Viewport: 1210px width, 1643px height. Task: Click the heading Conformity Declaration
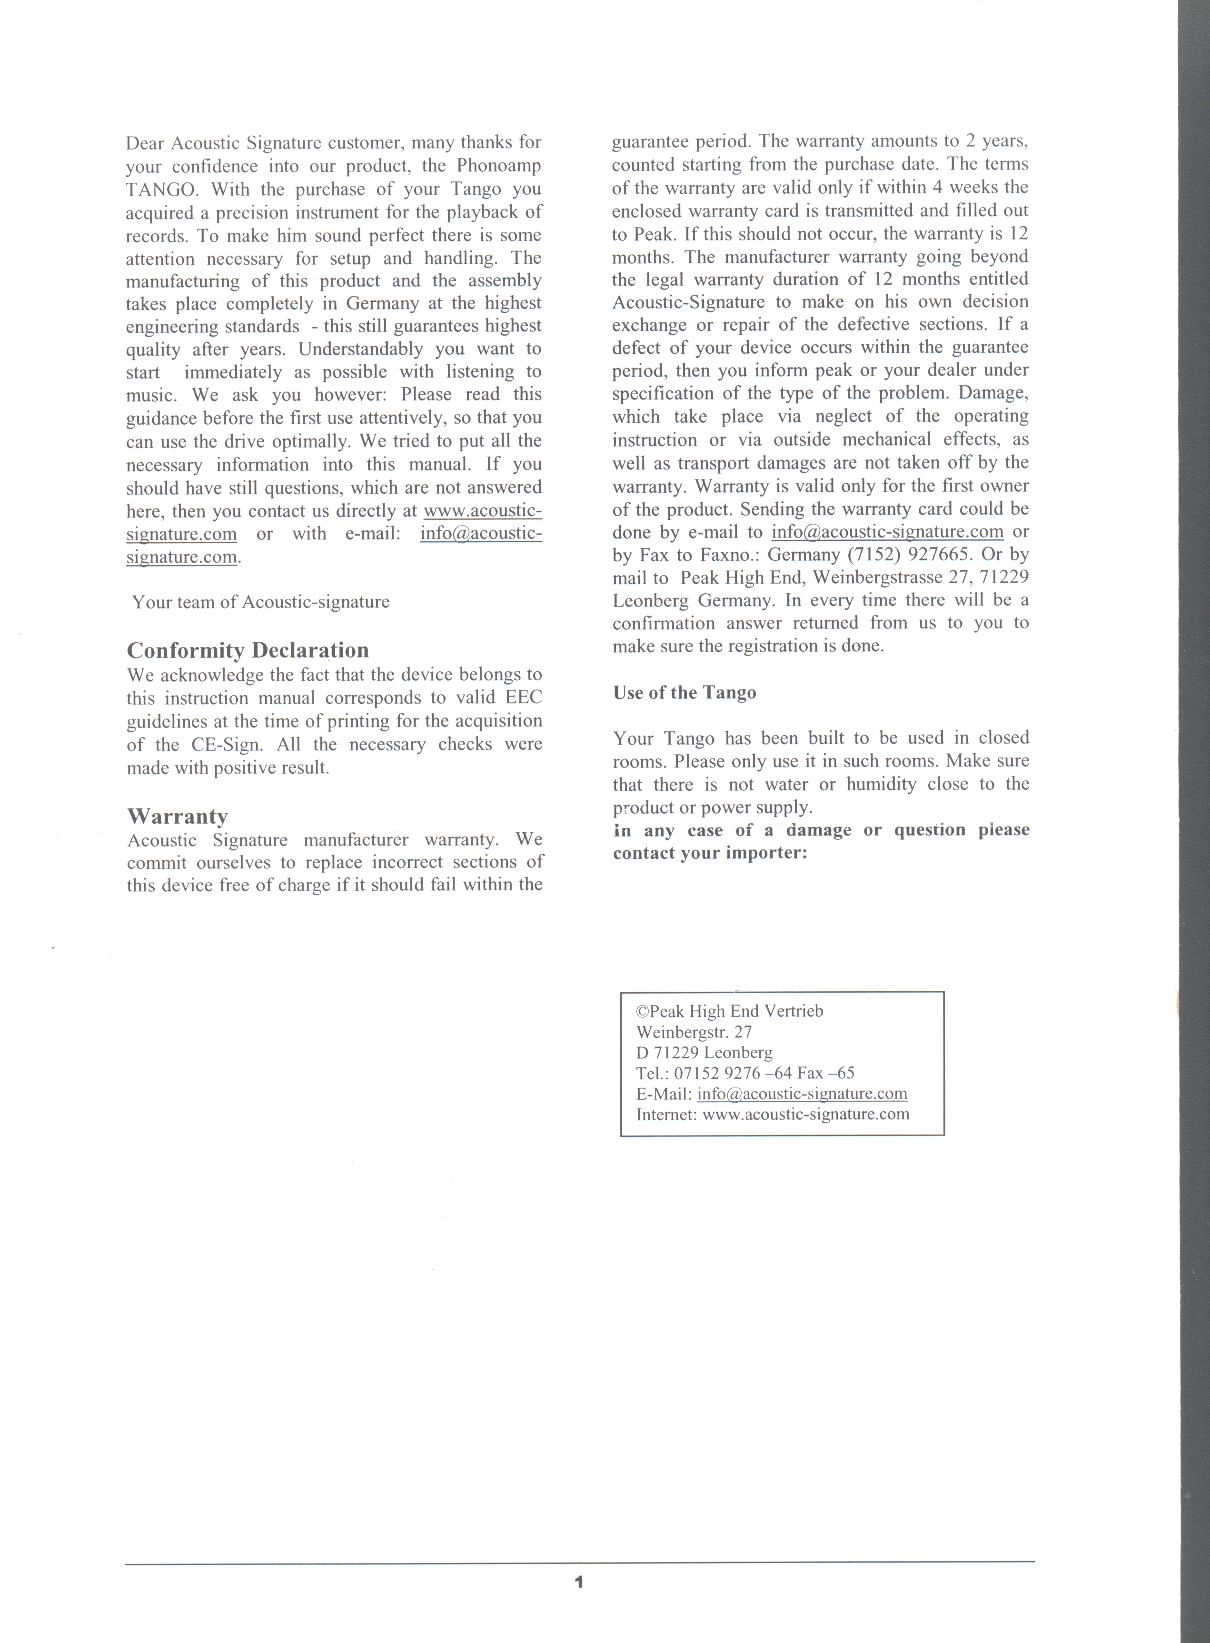(248, 650)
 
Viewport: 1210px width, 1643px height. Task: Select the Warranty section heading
(177, 816)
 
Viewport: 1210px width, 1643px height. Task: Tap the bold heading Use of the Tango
(684, 693)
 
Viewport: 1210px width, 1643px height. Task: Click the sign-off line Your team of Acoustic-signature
(261, 602)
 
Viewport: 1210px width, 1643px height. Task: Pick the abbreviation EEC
(524, 698)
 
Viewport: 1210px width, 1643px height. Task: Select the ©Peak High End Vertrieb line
(730, 1012)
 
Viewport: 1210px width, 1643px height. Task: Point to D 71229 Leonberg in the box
(704, 1053)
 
